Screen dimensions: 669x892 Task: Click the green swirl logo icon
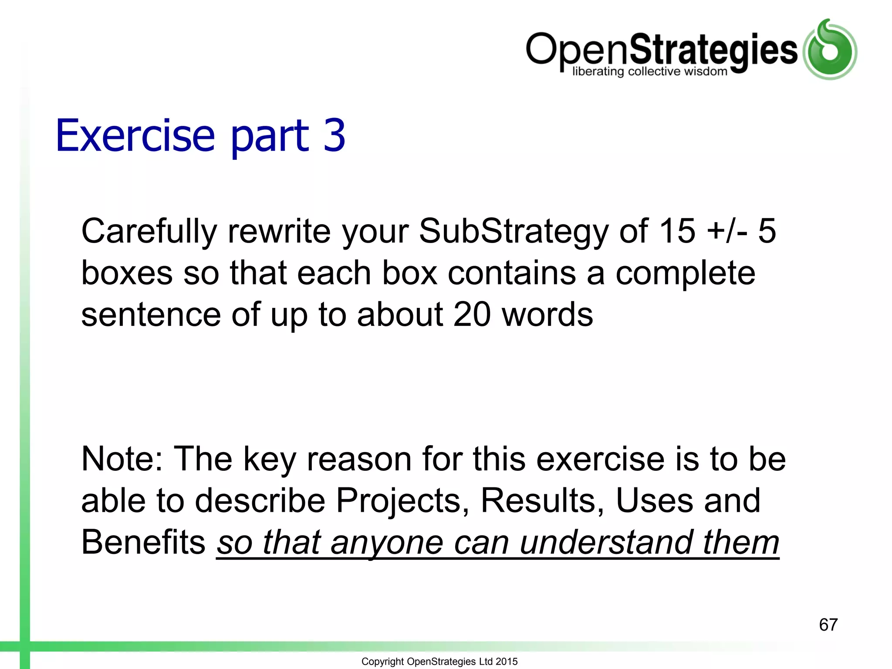829,50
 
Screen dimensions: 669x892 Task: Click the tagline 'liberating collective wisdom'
649,71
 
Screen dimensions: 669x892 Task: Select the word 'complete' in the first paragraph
685,274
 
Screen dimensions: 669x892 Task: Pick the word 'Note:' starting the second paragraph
122,459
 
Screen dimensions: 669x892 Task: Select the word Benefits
143,542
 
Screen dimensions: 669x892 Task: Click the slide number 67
828,625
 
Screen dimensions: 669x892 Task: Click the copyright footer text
439,661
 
